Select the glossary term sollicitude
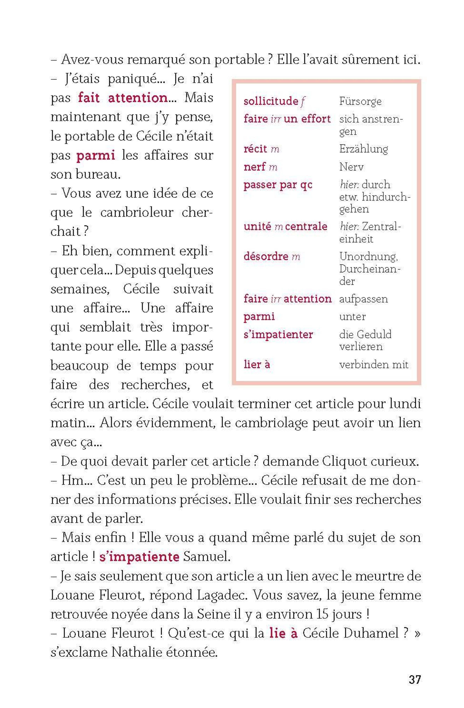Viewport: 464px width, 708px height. pos(270,101)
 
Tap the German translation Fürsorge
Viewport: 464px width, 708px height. pos(360,101)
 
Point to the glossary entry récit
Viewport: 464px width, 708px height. pos(255,149)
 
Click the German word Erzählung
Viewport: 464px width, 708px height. pos(363,149)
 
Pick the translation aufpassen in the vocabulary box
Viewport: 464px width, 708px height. pos(363,299)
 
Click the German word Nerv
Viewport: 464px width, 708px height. pos(351,167)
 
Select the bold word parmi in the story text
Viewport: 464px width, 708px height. pos(96,155)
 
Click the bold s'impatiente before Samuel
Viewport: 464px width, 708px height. pos(139,557)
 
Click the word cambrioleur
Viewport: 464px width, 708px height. pos(137,212)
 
